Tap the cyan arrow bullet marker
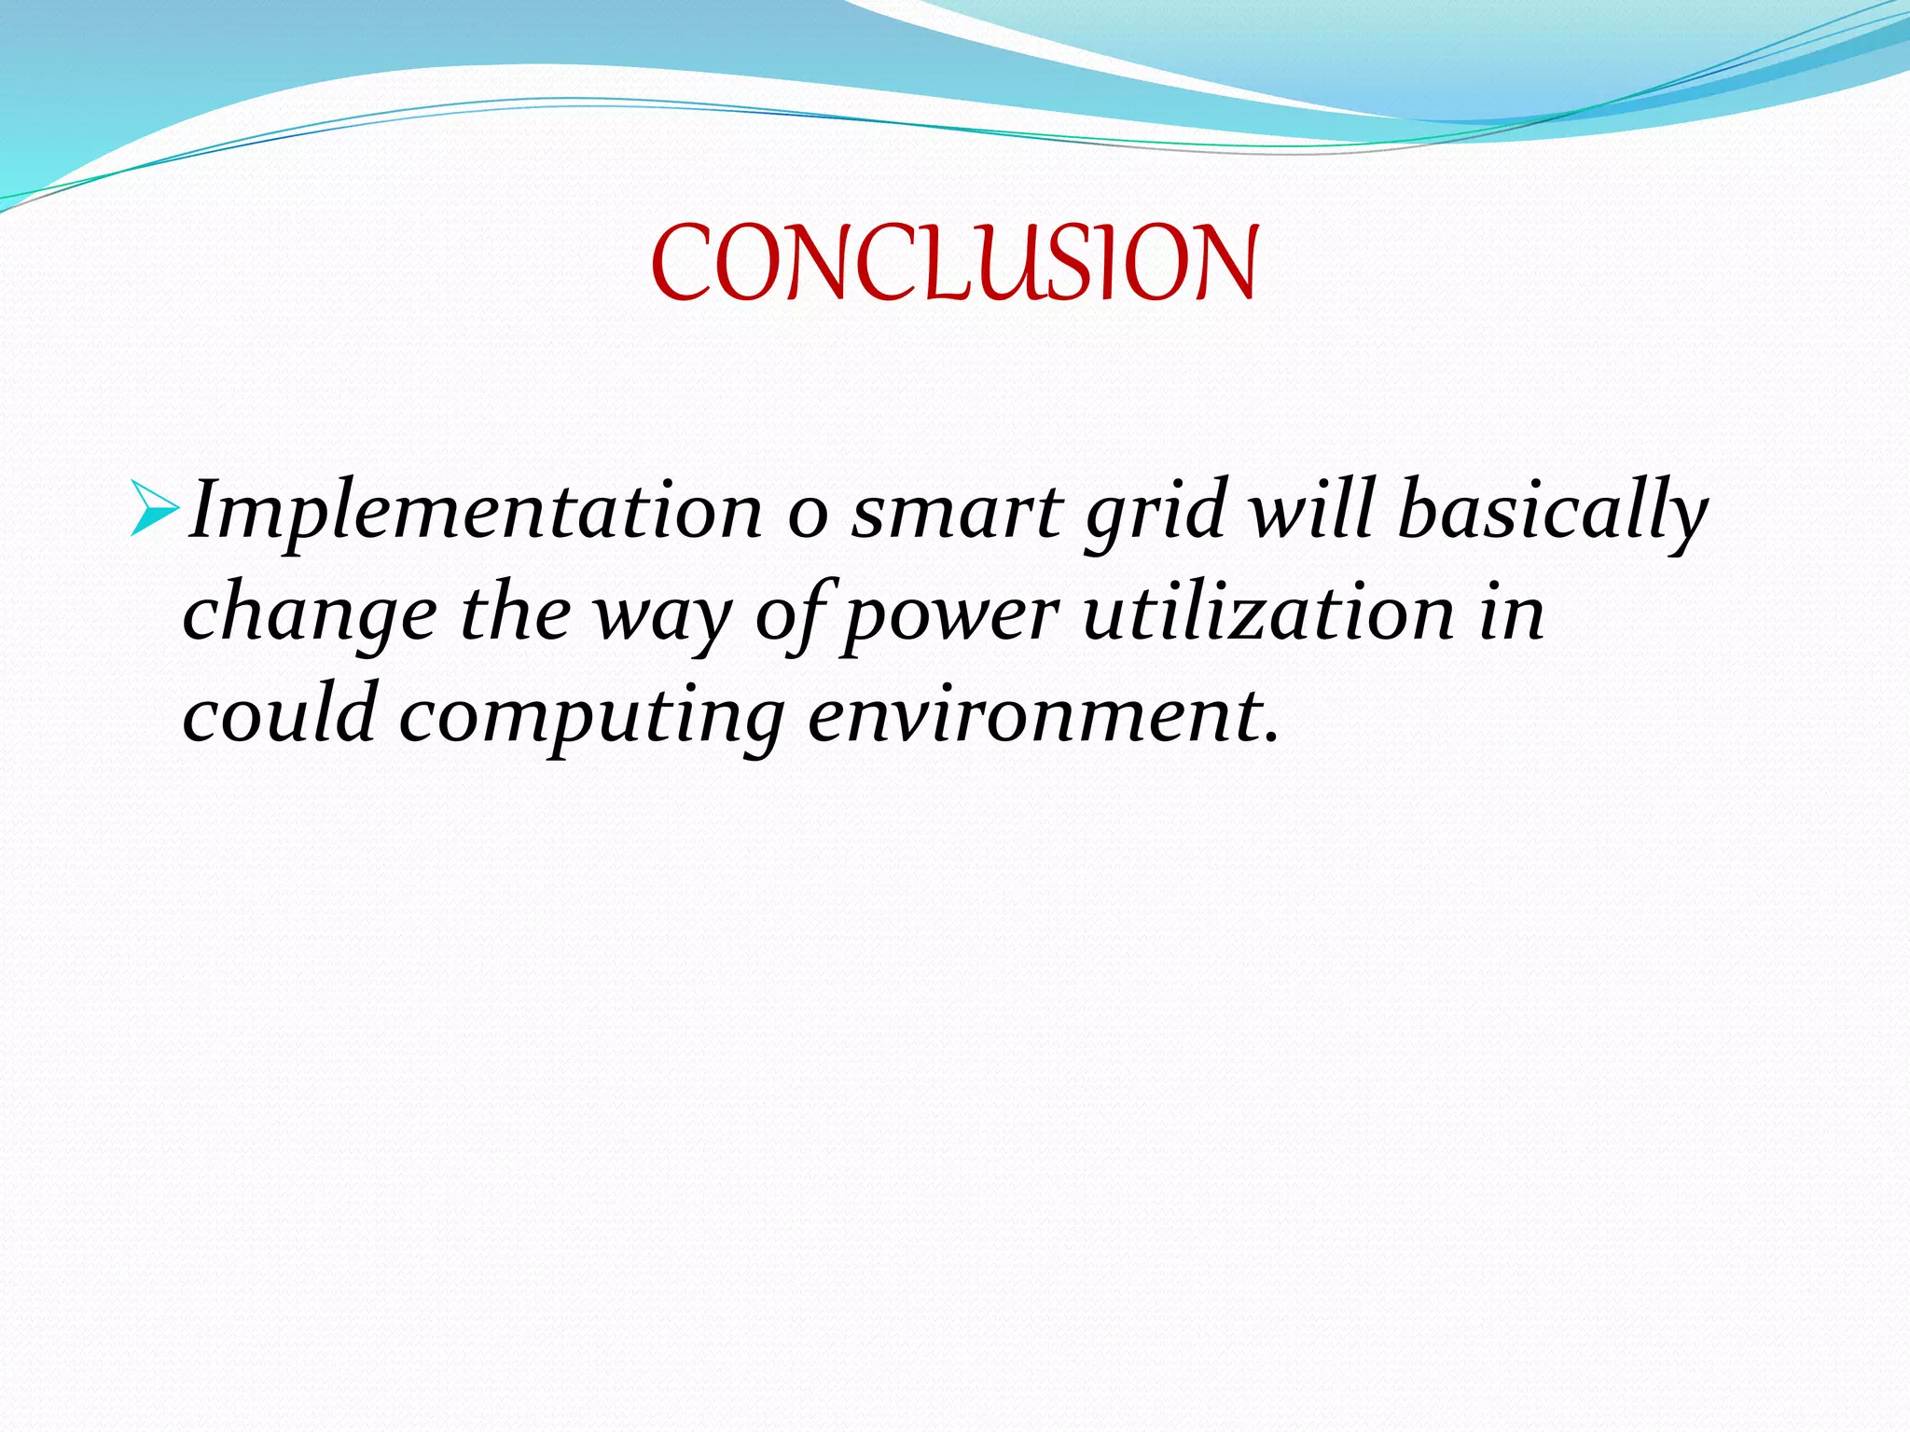tap(154, 509)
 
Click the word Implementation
tap(475, 511)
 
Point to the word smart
tap(956, 513)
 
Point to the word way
tap(663, 620)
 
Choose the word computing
tap(592, 718)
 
